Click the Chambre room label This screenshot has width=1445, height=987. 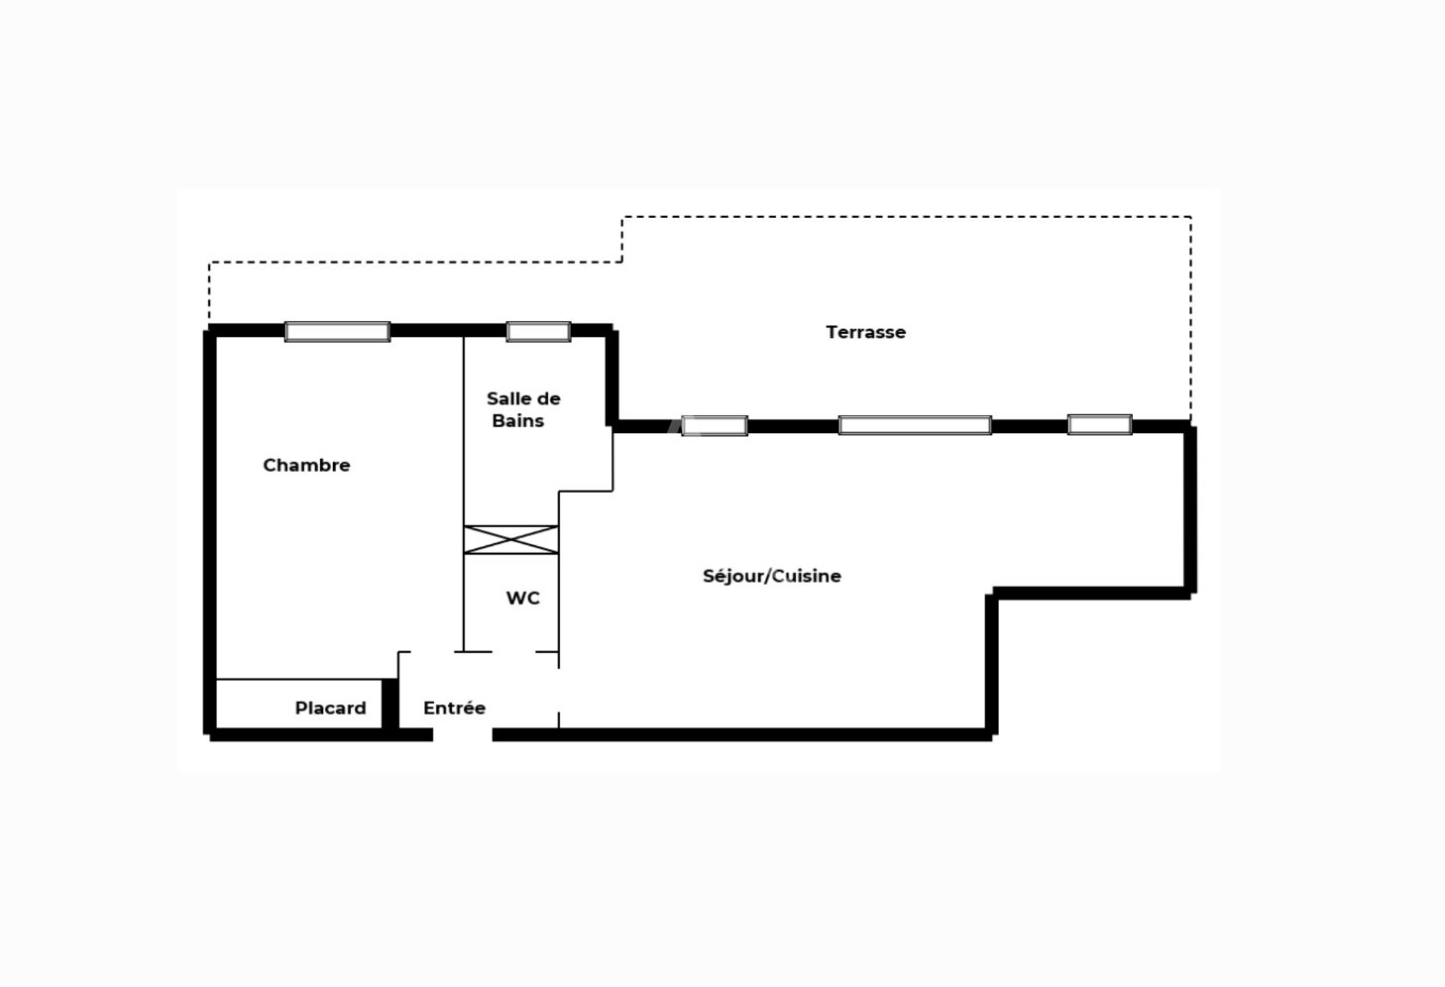coord(306,465)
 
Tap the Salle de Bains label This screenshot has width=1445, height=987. coord(523,409)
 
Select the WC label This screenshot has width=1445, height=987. coord(522,598)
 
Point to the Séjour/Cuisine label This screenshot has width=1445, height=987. coord(771,576)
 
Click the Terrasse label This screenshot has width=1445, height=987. coord(865,332)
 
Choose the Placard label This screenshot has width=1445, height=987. coord(330,709)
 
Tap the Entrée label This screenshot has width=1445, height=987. coord(454,708)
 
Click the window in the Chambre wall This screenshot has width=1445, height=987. coord(337,332)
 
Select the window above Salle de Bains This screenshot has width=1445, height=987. coord(538,332)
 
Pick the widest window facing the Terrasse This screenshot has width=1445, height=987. coord(915,425)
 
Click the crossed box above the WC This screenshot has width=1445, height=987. coord(511,540)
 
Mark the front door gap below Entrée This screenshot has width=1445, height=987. coord(463,734)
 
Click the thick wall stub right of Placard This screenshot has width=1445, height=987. coord(389,704)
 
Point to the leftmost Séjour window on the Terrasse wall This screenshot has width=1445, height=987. coord(715,426)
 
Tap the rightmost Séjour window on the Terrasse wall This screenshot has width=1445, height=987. coord(1100,424)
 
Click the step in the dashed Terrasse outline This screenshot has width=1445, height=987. coord(621,240)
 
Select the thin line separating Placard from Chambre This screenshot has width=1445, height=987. coord(298,679)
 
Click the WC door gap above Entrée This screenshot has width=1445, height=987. coord(513,652)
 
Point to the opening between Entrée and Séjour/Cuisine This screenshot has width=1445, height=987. coord(559,690)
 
